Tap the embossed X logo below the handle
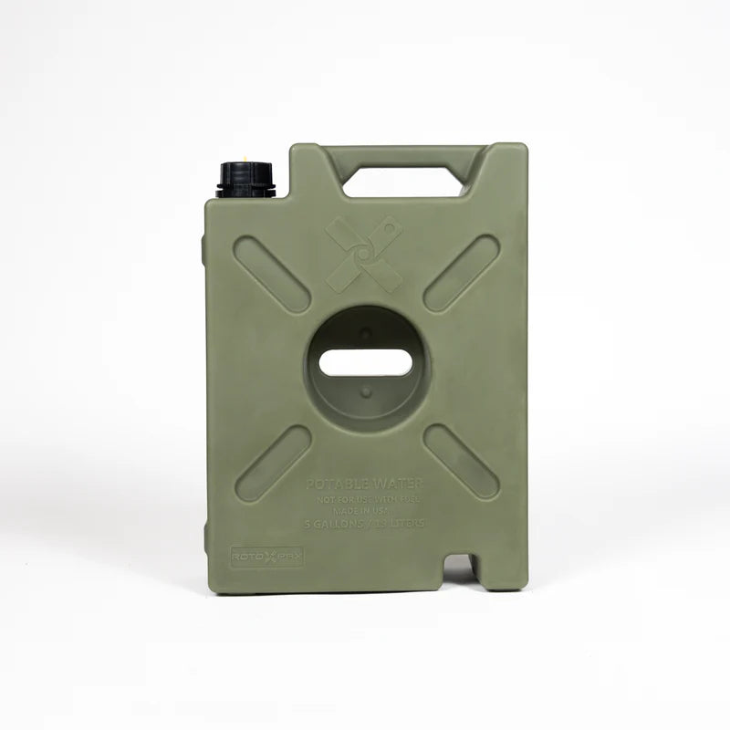(x=364, y=255)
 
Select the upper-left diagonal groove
(x=272, y=274)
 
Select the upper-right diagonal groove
(x=462, y=274)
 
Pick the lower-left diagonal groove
(x=273, y=463)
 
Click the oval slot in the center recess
(x=366, y=362)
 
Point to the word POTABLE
(x=339, y=483)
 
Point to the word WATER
(x=400, y=483)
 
